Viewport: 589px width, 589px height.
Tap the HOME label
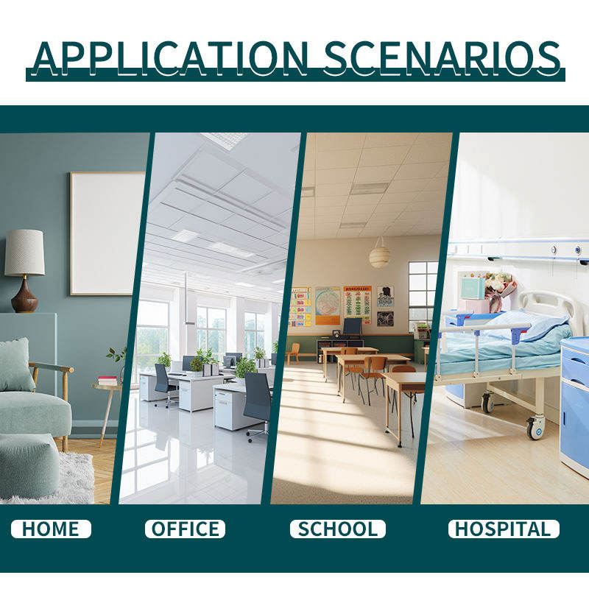(51, 529)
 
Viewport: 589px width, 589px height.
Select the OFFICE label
(186, 529)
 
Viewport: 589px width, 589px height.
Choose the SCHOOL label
(338, 529)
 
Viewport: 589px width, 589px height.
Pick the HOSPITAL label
(504, 529)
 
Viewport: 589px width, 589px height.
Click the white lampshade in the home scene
(24, 253)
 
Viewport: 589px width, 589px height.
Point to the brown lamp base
(24, 295)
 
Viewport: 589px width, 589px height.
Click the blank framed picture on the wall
(107, 233)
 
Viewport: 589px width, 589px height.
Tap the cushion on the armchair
(15, 365)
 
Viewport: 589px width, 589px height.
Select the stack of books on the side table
(107, 381)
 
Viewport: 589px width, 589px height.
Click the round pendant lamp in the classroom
(380, 257)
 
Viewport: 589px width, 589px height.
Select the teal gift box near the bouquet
(473, 288)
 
